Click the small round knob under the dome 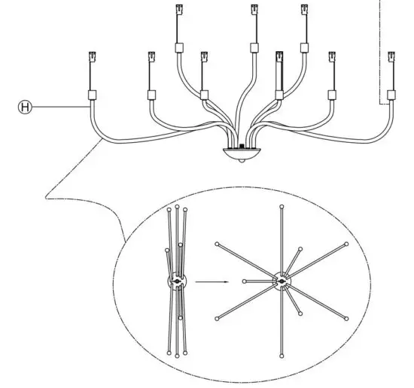pyautogui.click(x=241, y=162)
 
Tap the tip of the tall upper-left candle pyautogui.click(x=178, y=10)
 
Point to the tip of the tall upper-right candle pyautogui.click(x=306, y=11)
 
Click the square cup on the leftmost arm pyautogui.click(x=93, y=95)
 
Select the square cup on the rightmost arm pyautogui.click(x=391, y=95)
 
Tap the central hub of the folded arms pyautogui.click(x=176, y=282)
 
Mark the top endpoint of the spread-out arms pyautogui.click(x=282, y=206)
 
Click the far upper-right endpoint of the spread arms pyautogui.click(x=346, y=244)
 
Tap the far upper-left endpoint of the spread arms pyautogui.click(x=218, y=244)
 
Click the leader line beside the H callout pyautogui.click(x=60, y=108)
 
